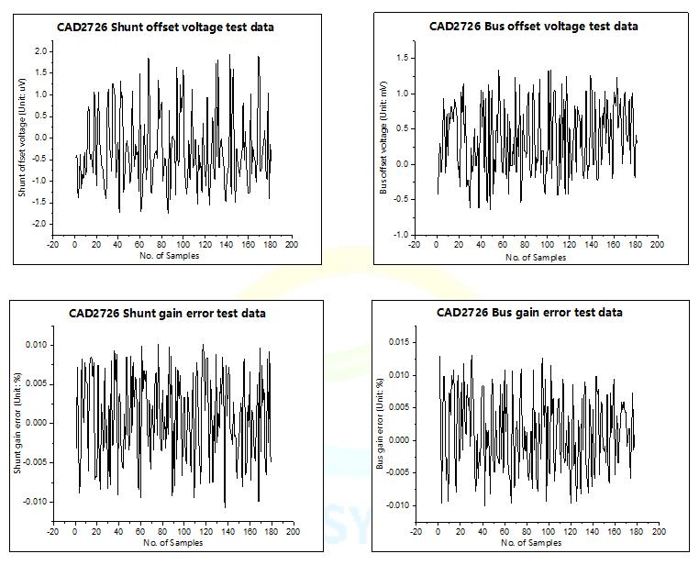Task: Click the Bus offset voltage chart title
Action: (533, 26)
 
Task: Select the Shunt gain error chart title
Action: (167, 313)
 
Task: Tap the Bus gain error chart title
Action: (529, 313)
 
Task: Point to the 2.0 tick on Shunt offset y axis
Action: (41, 51)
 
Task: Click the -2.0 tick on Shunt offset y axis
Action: (39, 224)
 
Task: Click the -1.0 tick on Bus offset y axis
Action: (401, 235)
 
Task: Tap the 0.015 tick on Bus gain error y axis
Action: (397, 342)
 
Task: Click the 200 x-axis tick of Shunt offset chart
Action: (292, 245)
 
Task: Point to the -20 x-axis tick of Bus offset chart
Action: (414, 245)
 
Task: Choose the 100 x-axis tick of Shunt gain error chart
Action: (184, 531)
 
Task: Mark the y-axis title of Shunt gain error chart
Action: (17, 427)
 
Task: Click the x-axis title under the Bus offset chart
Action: (536, 258)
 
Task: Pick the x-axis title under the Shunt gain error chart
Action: (172, 543)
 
